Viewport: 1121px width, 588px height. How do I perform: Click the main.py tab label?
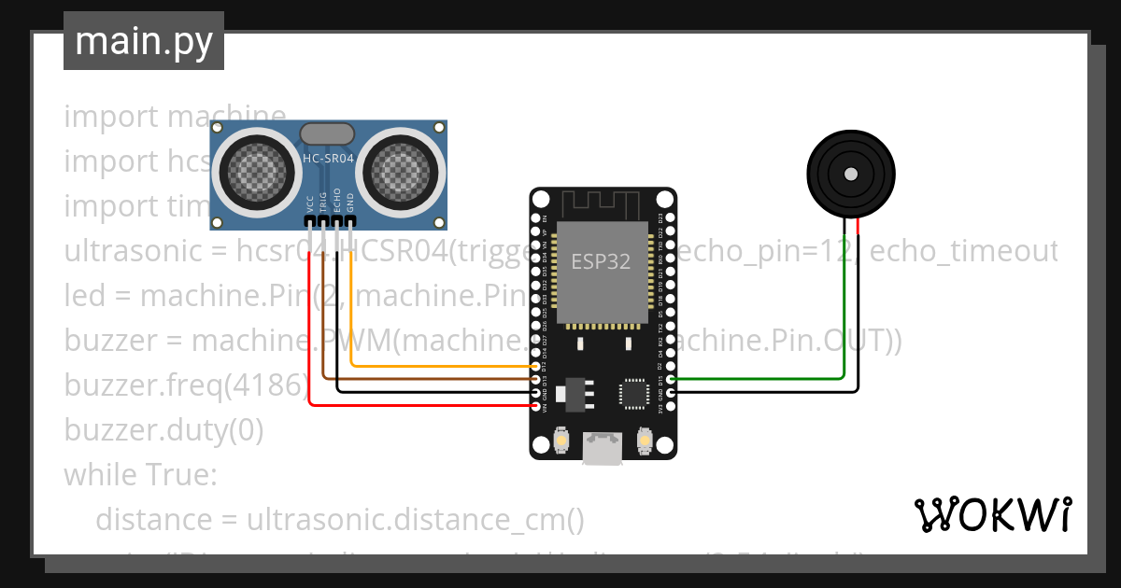[x=143, y=41]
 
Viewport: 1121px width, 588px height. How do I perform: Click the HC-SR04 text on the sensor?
[x=328, y=159]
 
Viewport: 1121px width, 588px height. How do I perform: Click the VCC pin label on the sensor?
[x=310, y=203]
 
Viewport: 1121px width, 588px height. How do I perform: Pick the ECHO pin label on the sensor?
[x=337, y=203]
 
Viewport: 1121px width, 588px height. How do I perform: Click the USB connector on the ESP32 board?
[x=602, y=449]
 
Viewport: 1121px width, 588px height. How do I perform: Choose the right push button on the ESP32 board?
[x=644, y=438]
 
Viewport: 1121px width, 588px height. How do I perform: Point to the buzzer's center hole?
[x=850, y=174]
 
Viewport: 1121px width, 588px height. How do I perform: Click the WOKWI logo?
[x=992, y=514]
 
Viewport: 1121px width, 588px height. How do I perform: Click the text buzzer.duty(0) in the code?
[x=163, y=430]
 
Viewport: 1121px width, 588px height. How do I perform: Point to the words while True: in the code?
[x=140, y=474]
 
